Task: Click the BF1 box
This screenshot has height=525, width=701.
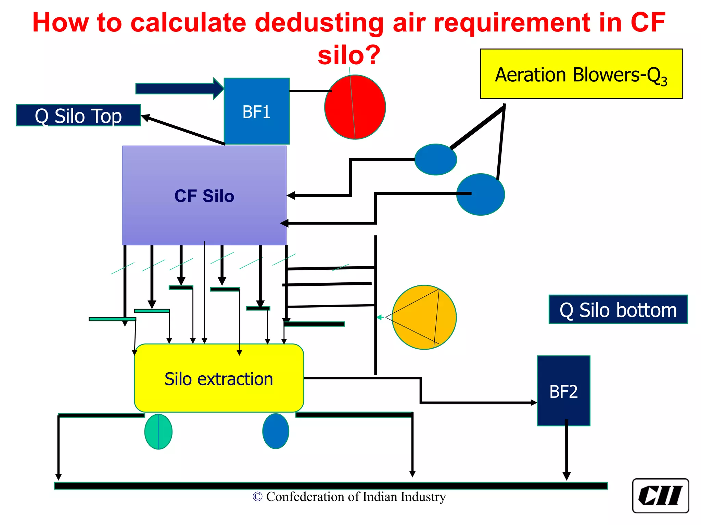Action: tap(256, 111)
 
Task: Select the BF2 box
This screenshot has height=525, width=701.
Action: tap(563, 391)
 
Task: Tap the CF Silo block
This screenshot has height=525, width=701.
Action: tap(204, 196)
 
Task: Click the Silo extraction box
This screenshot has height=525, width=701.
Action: tap(219, 378)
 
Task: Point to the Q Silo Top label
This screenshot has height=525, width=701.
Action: tap(78, 116)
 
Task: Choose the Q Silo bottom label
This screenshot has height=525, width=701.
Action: tap(618, 309)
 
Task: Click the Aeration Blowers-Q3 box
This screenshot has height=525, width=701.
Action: tap(581, 74)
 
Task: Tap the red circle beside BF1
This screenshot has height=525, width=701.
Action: tap(355, 107)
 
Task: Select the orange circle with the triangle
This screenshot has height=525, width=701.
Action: tap(424, 317)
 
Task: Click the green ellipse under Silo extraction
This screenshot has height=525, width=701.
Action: tap(158, 431)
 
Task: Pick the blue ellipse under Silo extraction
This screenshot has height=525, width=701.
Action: tap(276, 431)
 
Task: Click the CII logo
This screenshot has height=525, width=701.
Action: tap(660, 496)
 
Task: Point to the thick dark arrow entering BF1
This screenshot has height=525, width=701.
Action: tap(178, 89)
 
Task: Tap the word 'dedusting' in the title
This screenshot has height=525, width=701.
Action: tap(319, 23)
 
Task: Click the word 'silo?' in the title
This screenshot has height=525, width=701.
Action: tap(349, 55)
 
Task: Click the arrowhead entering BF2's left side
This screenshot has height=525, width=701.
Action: tap(534, 403)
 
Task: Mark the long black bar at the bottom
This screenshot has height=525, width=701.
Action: tap(331, 486)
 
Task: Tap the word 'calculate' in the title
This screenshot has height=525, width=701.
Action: tap(188, 23)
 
